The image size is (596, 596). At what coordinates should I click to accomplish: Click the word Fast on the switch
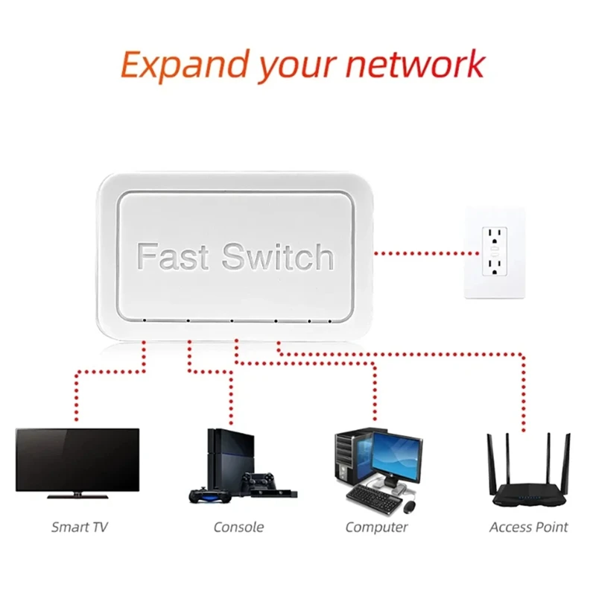click(x=175, y=257)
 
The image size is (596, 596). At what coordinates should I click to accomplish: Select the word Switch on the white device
click(x=278, y=257)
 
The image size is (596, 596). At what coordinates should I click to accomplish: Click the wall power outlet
click(x=494, y=253)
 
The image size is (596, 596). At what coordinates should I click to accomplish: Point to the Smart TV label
click(x=79, y=527)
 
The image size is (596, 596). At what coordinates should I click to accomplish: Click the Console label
click(x=238, y=527)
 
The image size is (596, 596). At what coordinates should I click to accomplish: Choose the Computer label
click(x=376, y=527)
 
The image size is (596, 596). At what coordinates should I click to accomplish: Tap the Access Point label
click(x=528, y=527)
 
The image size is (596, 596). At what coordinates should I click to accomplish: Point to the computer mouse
click(x=409, y=506)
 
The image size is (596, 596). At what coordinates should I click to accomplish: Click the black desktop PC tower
click(x=347, y=458)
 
